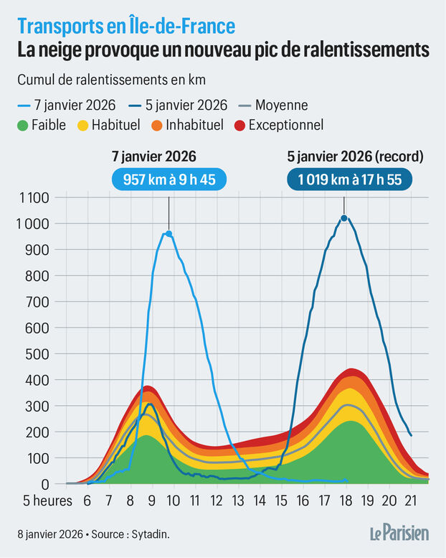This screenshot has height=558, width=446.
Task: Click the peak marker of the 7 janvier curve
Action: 169,233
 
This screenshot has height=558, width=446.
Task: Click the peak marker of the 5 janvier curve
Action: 344,218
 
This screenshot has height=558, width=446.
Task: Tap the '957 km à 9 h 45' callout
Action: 169,179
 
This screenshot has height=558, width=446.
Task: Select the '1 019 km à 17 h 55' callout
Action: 345,179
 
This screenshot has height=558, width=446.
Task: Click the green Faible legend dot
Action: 22,125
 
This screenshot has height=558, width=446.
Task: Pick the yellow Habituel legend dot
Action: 83,125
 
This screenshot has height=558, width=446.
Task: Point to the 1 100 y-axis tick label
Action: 32,197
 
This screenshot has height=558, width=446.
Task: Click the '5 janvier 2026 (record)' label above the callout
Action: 345,155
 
